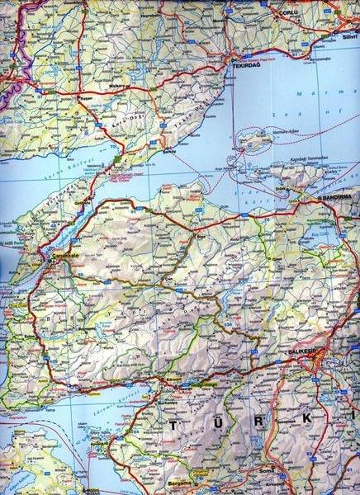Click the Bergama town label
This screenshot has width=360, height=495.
(x=178, y=480)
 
